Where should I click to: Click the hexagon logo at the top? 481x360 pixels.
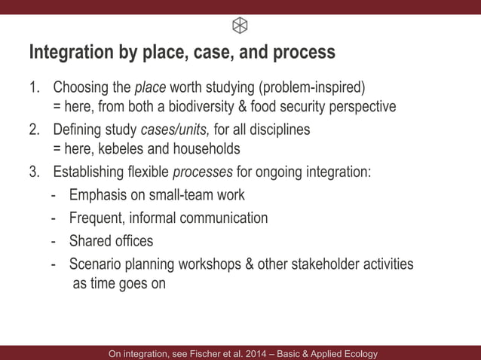(240, 26)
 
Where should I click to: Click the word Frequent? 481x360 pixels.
(96, 218)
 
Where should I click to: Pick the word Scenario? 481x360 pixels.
(96, 264)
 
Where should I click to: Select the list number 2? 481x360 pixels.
(34, 129)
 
